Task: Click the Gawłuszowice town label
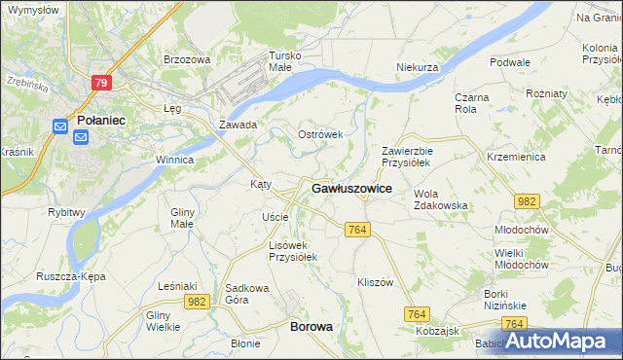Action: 351,189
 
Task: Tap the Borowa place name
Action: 311,327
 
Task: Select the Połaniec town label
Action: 98,120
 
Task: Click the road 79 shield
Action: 101,83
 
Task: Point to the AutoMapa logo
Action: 557,340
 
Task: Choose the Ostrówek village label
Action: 320,134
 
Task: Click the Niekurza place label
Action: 418,67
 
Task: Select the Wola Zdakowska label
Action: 441,199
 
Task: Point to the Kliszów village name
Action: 375,282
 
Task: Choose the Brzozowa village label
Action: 187,59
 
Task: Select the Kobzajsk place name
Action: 437,331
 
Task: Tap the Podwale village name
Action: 510,62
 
